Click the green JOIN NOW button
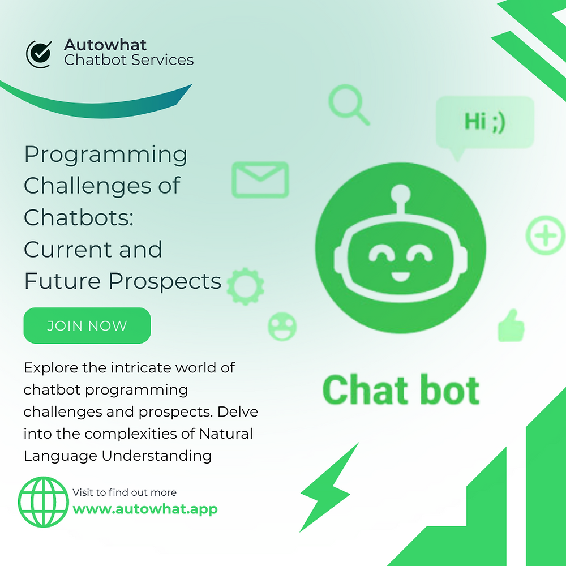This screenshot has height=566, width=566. point(87,325)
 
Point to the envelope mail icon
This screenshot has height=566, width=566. point(260,179)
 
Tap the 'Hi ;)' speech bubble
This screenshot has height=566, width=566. point(484,122)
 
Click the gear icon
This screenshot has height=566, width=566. point(245,284)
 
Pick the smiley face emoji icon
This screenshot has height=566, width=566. point(282,326)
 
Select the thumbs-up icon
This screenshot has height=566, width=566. point(511,325)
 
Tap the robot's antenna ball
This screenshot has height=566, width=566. point(400,192)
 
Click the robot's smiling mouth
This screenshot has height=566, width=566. point(400,277)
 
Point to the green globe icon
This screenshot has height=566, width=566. point(43,502)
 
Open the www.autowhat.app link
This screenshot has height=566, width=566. point(145,508)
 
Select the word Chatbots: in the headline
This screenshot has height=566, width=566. point(79,217)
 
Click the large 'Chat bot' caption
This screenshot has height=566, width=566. point(401,390)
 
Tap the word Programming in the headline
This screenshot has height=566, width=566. point(105,155)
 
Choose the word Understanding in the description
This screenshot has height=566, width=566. point(157,456)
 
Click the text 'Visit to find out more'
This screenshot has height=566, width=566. point(125,492)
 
